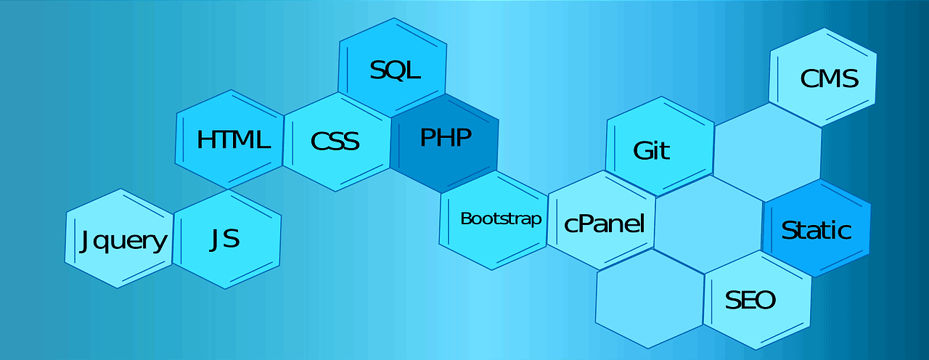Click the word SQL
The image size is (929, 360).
[396, 70]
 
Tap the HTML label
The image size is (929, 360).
[234, 139]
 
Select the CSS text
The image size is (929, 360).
[335, 141]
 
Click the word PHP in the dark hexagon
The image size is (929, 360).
[446, 138]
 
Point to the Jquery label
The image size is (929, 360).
[123, 242]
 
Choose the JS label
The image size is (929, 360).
[224, 240]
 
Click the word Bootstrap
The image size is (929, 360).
[501, 218]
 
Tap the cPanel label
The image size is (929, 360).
[605, 224]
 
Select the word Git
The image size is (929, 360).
[651, 150]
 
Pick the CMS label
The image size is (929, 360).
[829, 78]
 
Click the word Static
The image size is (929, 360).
[817, 230]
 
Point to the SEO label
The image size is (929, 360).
[750, 300]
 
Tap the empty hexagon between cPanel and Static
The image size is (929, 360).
[708, 225]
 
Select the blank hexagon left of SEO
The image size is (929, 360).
[650, 299]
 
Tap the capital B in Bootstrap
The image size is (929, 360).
[466, 218]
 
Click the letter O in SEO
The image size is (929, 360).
[766, 300]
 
